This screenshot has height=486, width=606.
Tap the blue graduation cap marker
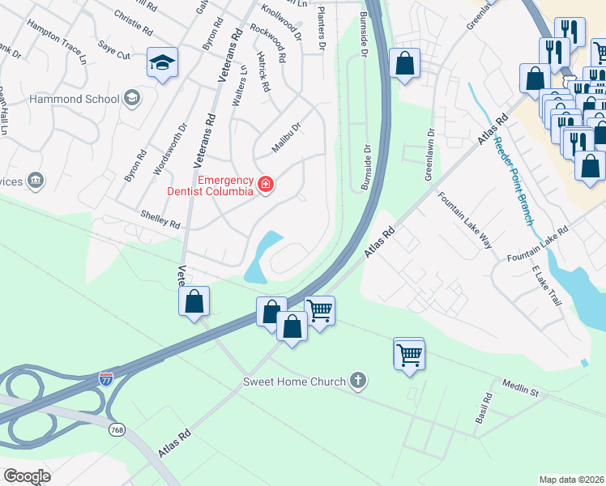[162, 62]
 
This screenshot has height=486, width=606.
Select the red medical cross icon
[264, 185]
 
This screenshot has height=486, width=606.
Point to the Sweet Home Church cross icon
[358, 381]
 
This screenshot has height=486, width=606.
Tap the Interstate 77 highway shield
[106, 378]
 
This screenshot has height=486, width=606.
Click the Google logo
[27, 475]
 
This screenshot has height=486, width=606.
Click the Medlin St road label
[520, 387]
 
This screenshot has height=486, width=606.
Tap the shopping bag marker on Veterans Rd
[194, 301]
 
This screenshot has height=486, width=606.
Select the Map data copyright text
[571, 479]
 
